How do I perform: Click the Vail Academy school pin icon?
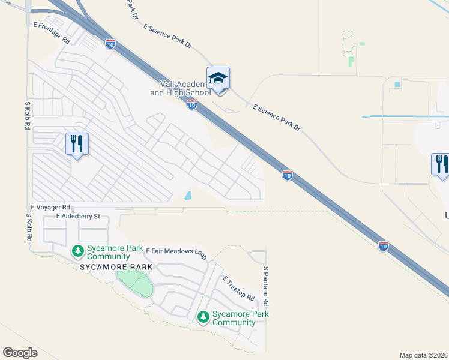coord(218,79)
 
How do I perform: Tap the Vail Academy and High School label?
coord(180,89)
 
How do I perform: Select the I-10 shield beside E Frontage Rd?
coord(110,43)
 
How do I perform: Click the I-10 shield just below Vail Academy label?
coord(191,105)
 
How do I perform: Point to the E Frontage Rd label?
coord(52,33)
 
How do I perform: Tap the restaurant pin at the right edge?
coord(441,164)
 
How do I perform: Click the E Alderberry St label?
coord(77,216)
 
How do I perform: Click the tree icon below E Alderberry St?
coord(76,250)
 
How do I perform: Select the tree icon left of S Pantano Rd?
coord(203,316)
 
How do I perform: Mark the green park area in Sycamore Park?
coord(136,282)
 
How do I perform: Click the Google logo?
coord(20,353)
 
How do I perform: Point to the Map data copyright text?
coord(423,355)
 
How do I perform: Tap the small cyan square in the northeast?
coord(397,84)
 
